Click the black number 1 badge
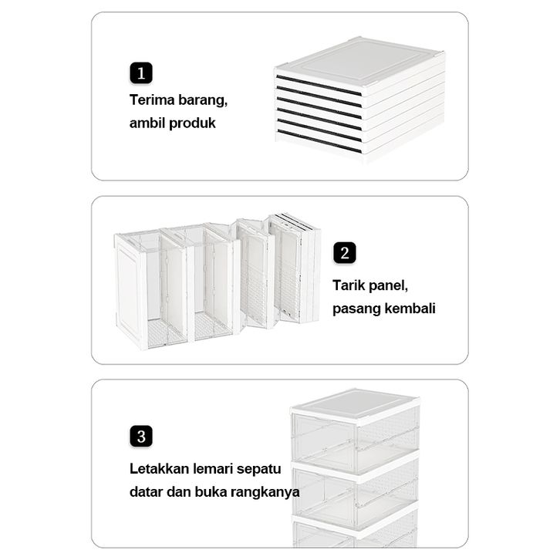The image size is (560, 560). tap(141, 73)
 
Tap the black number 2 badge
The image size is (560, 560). tap(345, 253)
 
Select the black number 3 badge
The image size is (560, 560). tap(141, 436)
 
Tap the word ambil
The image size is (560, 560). tap(147, 123)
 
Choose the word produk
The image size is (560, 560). tap(192, 123)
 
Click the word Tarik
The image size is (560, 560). tap(349, 285)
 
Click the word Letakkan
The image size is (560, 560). tap(160, 469)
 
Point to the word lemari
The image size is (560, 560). tap(213, 469)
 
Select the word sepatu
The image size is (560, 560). tap(258, 470)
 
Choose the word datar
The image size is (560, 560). tap(147, 492)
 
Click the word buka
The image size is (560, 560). tap(211, 492)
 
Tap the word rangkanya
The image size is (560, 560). tap(265, 493)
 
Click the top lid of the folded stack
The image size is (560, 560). tap(360, 61)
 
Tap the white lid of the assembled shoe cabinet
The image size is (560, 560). tap(356, 404)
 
